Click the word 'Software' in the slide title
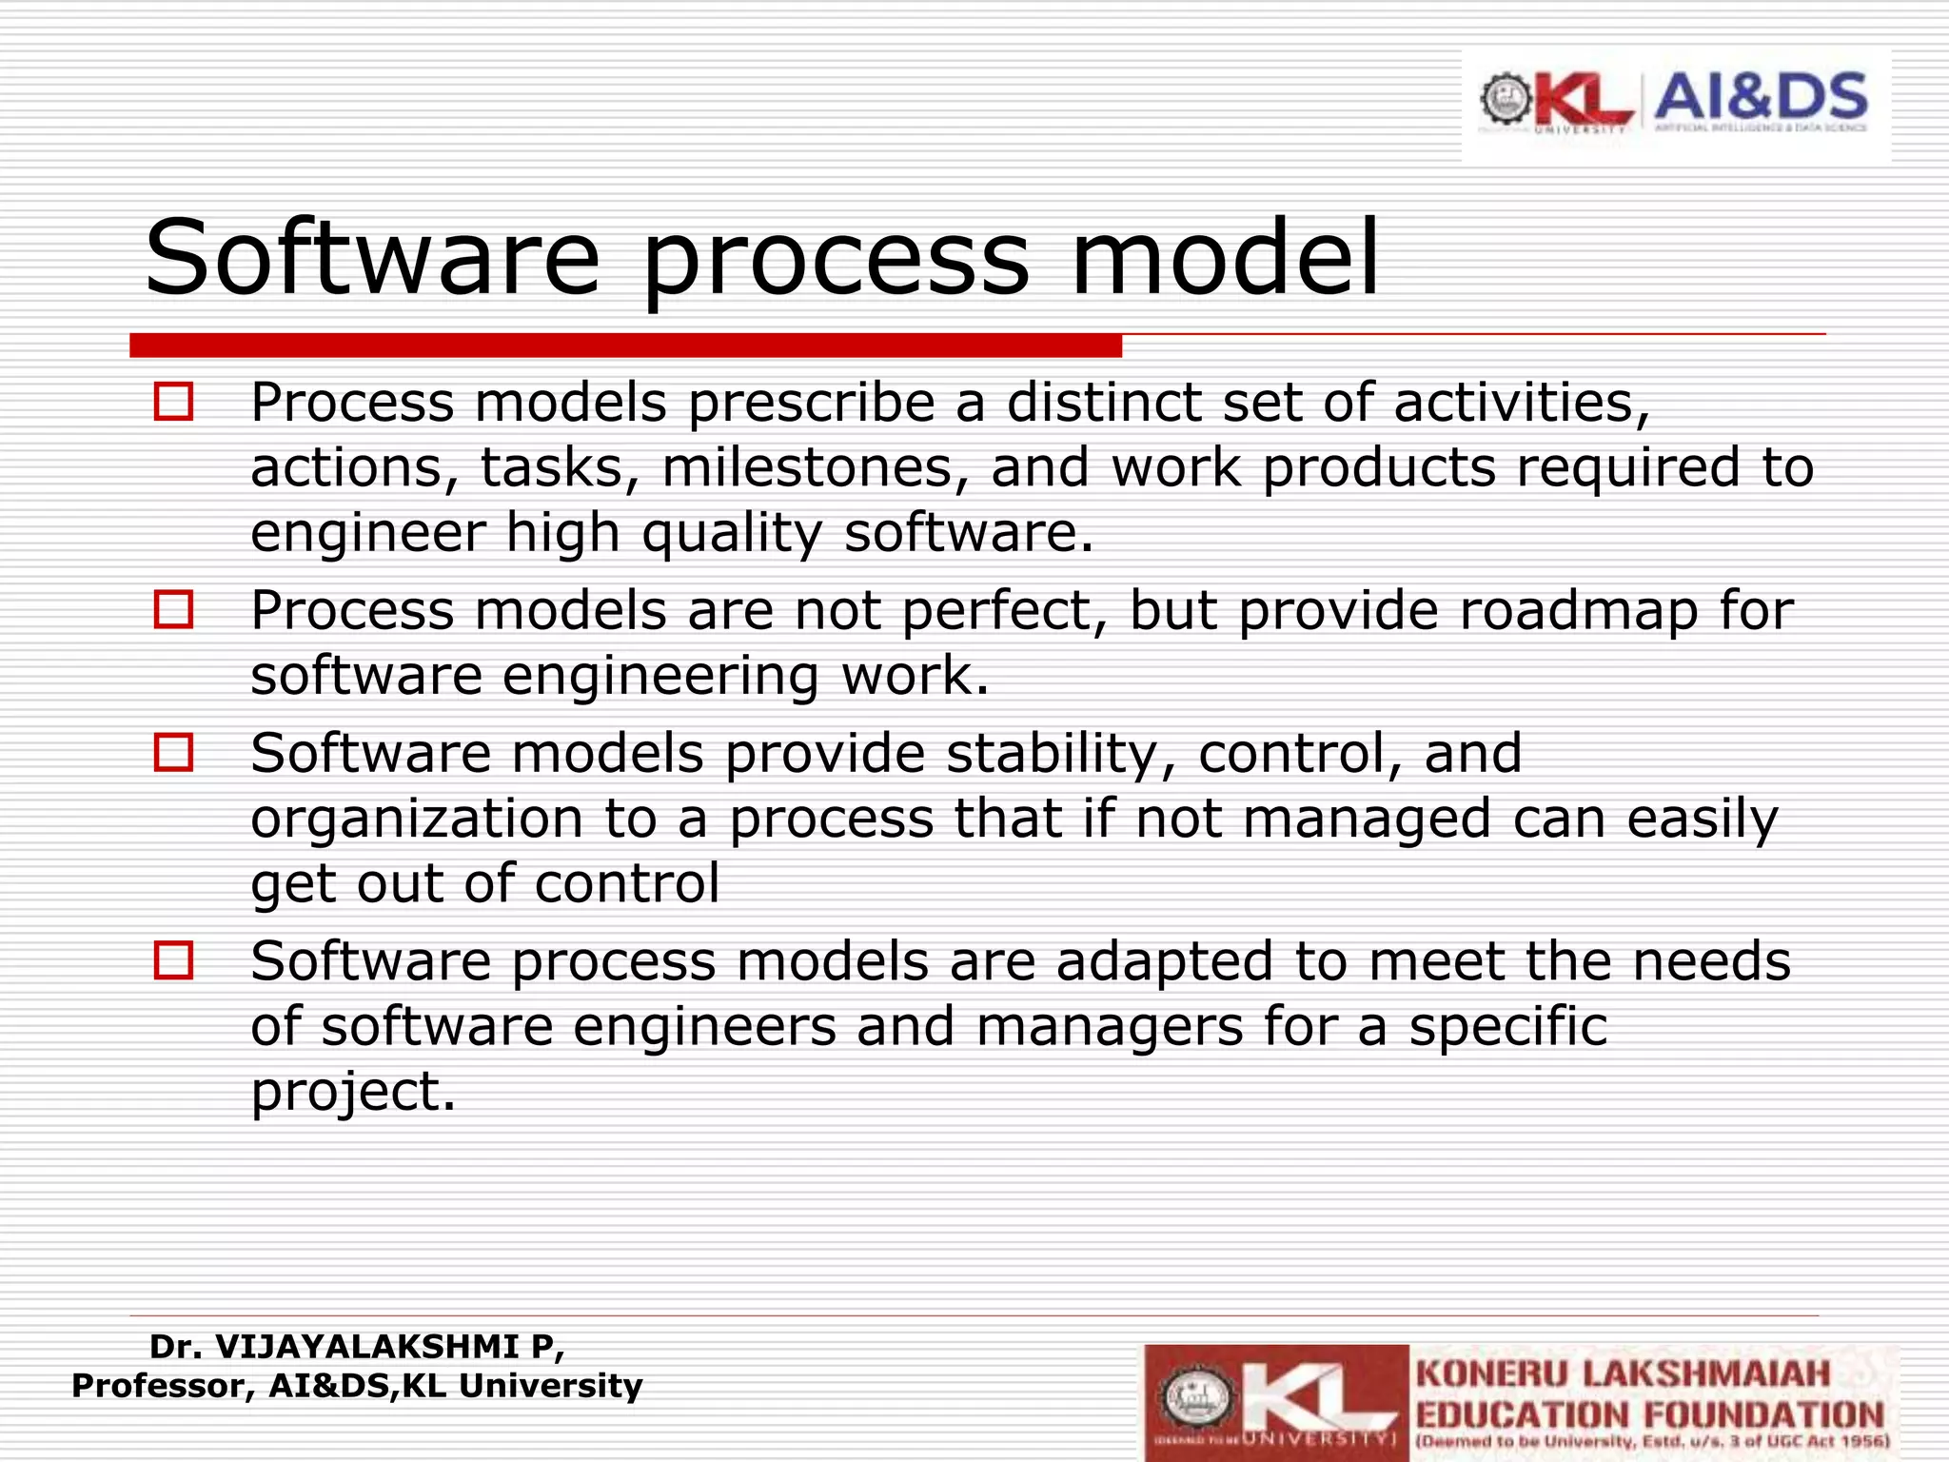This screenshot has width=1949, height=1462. [x=372, y=258]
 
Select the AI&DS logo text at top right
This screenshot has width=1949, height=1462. [x=1761, y=97]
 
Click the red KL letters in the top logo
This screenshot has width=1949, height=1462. [x=1585, y=101]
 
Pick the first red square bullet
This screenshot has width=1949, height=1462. [x=173, y=402]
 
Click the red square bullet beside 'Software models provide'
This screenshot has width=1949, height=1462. [x=173, y=753]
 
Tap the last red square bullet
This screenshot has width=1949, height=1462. [x=173, y=960]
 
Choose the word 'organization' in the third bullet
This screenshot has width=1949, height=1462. [x=416, y=820]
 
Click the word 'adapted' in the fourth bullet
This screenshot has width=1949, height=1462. [x=1164, y=961]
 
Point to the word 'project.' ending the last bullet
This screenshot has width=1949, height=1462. [x=353, y=1092]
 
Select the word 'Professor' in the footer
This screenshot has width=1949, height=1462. [x=163, y=1386]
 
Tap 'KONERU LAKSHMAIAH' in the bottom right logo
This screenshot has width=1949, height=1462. [x=1623, y=1374]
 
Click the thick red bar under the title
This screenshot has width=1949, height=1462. [x=625, y=345]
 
